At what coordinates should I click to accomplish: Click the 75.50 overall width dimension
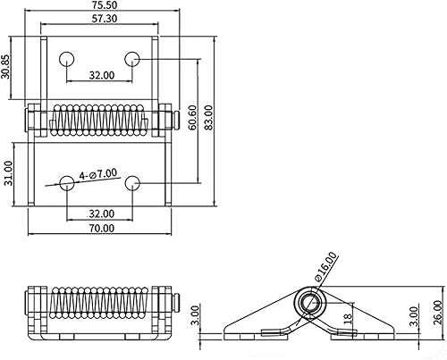(x=99, y=6)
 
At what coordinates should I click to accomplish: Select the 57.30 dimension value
(x=99, y=19)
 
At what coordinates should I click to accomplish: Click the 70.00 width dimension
(x=101, y=228)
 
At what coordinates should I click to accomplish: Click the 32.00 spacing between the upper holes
(x=101, y=76)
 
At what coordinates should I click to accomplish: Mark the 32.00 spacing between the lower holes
(x=101, y=213)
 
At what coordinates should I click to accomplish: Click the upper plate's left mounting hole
(x=67, y=59)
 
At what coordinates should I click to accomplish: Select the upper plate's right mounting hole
(x=131, y=59)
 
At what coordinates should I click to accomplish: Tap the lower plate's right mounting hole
(x=131, y=183)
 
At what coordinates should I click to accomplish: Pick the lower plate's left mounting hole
(x=67, y=183)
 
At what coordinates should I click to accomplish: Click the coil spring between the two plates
(x=99, y=121)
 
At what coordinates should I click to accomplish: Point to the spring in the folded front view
(x=99, y=304)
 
